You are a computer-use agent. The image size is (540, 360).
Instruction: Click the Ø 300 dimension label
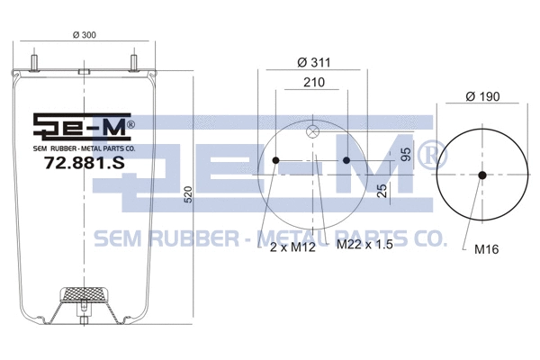(x=83, y=36)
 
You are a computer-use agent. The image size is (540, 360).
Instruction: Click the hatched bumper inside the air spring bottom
(x=83, y=294)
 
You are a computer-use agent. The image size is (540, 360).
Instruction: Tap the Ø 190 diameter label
(x=482, y=97)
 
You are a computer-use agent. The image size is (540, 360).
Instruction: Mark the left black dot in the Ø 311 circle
(x=275, y=162)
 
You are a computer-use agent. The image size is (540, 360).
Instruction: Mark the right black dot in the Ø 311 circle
(x=346, y=162)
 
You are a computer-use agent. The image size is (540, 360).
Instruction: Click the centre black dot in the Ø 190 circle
(x=482, y=175)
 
